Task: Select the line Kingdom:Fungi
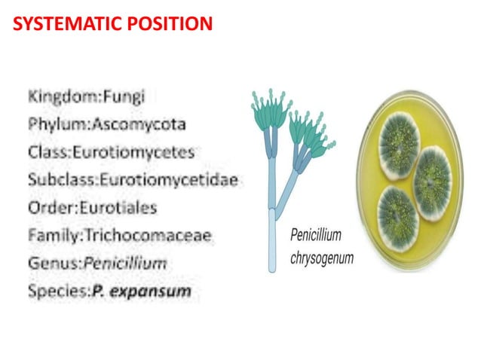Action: [x=87, y=96]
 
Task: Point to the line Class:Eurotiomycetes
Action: [x=112, y=151]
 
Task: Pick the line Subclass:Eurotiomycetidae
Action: [x=133, y=179]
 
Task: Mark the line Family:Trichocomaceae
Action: [x=120, y=235]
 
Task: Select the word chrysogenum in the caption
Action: [x=323, y=258]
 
